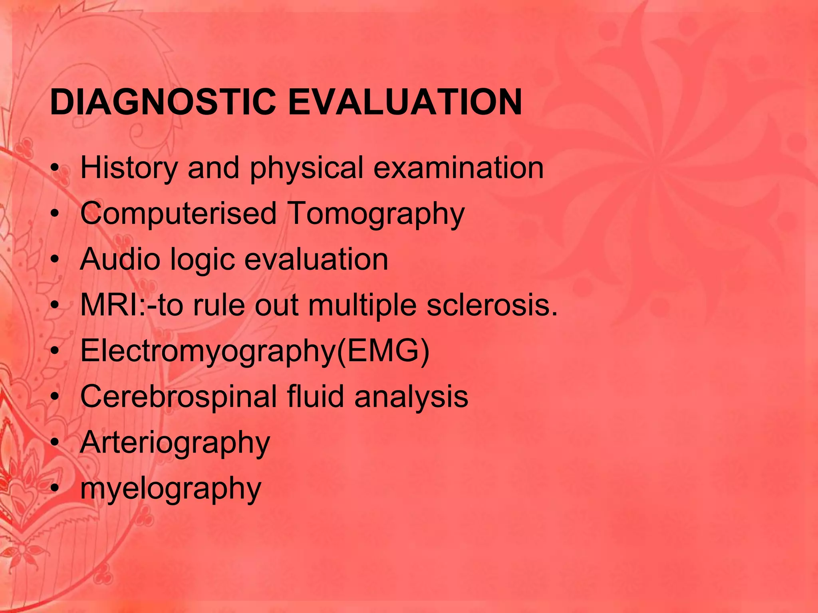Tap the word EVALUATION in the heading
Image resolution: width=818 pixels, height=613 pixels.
pos(405,102)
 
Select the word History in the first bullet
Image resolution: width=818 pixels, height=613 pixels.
pos(129,168)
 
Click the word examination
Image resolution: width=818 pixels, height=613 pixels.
pos(459,168)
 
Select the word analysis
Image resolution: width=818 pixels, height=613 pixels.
pos(411,397)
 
